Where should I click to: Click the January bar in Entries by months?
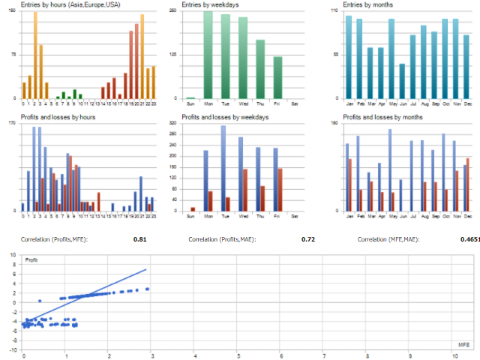[349, 57]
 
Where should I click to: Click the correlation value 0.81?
[139, 240]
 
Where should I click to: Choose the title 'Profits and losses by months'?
[382, 118]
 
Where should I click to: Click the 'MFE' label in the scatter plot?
[463, 343]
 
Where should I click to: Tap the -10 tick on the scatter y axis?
[13, 350]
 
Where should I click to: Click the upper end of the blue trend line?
[145, 269]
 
